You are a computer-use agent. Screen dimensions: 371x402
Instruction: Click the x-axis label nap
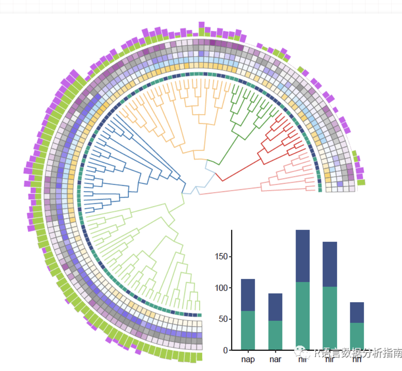pyautogui.click(x=248, y=360)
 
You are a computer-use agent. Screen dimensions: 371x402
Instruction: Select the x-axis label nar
pyautogui.click(x=275, y=360)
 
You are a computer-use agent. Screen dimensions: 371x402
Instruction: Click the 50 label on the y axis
pyautogui.click(x=223, y=319)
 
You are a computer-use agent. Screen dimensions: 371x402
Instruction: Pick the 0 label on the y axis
pyautogui.click(x=225, y=350)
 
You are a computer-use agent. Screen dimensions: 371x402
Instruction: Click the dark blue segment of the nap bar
pyautogui.click(x=248, y=295)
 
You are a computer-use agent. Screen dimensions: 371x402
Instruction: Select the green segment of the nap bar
pyautogui.click(x=248, y=330)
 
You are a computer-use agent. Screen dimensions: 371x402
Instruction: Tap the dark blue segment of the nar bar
pyautogui.click(x=275, y=307)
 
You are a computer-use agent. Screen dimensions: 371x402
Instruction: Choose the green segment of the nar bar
pyautogui.click(x=275, y=335)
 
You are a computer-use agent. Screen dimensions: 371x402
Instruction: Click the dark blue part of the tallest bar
pyautogui.click(x=303, y=256)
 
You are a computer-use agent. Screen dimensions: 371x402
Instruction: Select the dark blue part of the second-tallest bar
pyautogui.click(x=330, y=264)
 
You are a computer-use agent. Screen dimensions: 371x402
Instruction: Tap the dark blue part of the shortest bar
pyautogui.click(x=357, y=312)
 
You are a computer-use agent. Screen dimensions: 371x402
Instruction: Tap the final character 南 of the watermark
pyautogui.click(x=398, y=353)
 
